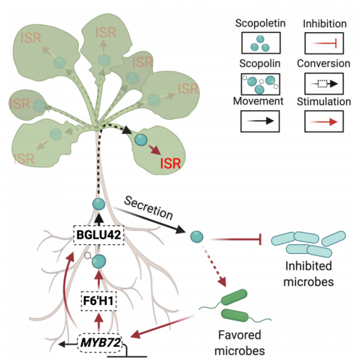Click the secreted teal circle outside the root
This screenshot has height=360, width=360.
click(x=197, y=236)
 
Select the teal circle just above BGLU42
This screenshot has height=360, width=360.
click(x=99, y=204)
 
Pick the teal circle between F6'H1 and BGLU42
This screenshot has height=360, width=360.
click(x=99, y=262)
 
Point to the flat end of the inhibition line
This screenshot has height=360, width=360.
click(x=261, y=238)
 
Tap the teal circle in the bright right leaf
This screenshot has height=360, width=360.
click(x=141, y=139)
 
